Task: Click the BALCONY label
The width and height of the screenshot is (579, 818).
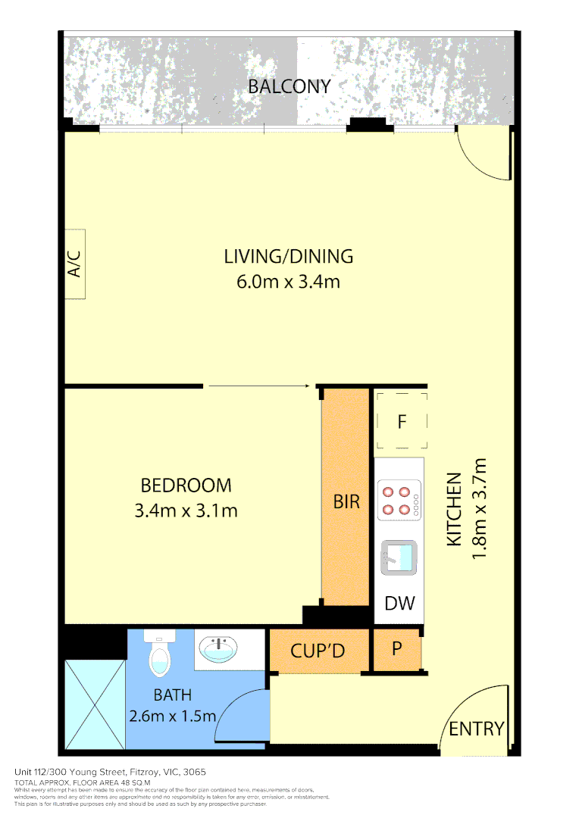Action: (289, 86)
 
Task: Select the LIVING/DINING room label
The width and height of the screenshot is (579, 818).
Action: (288, 256)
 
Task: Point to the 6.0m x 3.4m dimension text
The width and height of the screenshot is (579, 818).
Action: (288, 283)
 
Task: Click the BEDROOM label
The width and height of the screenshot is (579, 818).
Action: (186, 485)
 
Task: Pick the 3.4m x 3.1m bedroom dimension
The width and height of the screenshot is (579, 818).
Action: (186, 510)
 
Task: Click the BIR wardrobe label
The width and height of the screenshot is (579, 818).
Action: (346, 501)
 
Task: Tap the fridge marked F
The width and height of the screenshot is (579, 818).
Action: (402, 422)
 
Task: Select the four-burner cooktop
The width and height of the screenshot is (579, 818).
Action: (400, 501)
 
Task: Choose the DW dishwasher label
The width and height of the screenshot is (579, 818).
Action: (399, 603)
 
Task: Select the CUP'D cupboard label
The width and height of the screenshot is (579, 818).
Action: (318, 651)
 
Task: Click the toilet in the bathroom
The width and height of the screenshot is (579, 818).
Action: (160, 654)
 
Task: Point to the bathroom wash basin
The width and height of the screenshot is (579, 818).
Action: (218, 648)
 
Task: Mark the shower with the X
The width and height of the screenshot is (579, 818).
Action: (95, 704)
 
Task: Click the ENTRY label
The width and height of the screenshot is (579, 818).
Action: (476, 729)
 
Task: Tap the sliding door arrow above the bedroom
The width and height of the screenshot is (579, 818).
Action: (258, 386)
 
